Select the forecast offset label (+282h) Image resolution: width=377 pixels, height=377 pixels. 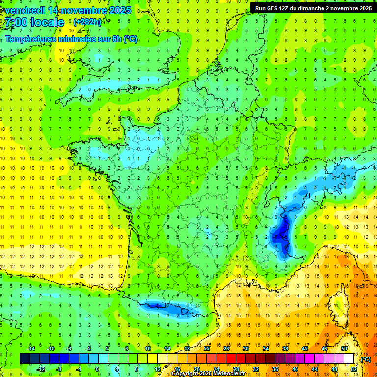coord(87,22)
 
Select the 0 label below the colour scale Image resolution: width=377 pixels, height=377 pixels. coord(97,369)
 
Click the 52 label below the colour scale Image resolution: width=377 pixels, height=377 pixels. coord(354,369)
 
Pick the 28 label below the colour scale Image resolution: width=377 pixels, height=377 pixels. coord(236,369)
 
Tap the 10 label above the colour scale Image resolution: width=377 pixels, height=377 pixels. coord(148,349)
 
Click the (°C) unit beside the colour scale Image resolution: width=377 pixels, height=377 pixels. coord(366,359)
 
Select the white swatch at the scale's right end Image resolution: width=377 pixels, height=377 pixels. coord(349,359)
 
